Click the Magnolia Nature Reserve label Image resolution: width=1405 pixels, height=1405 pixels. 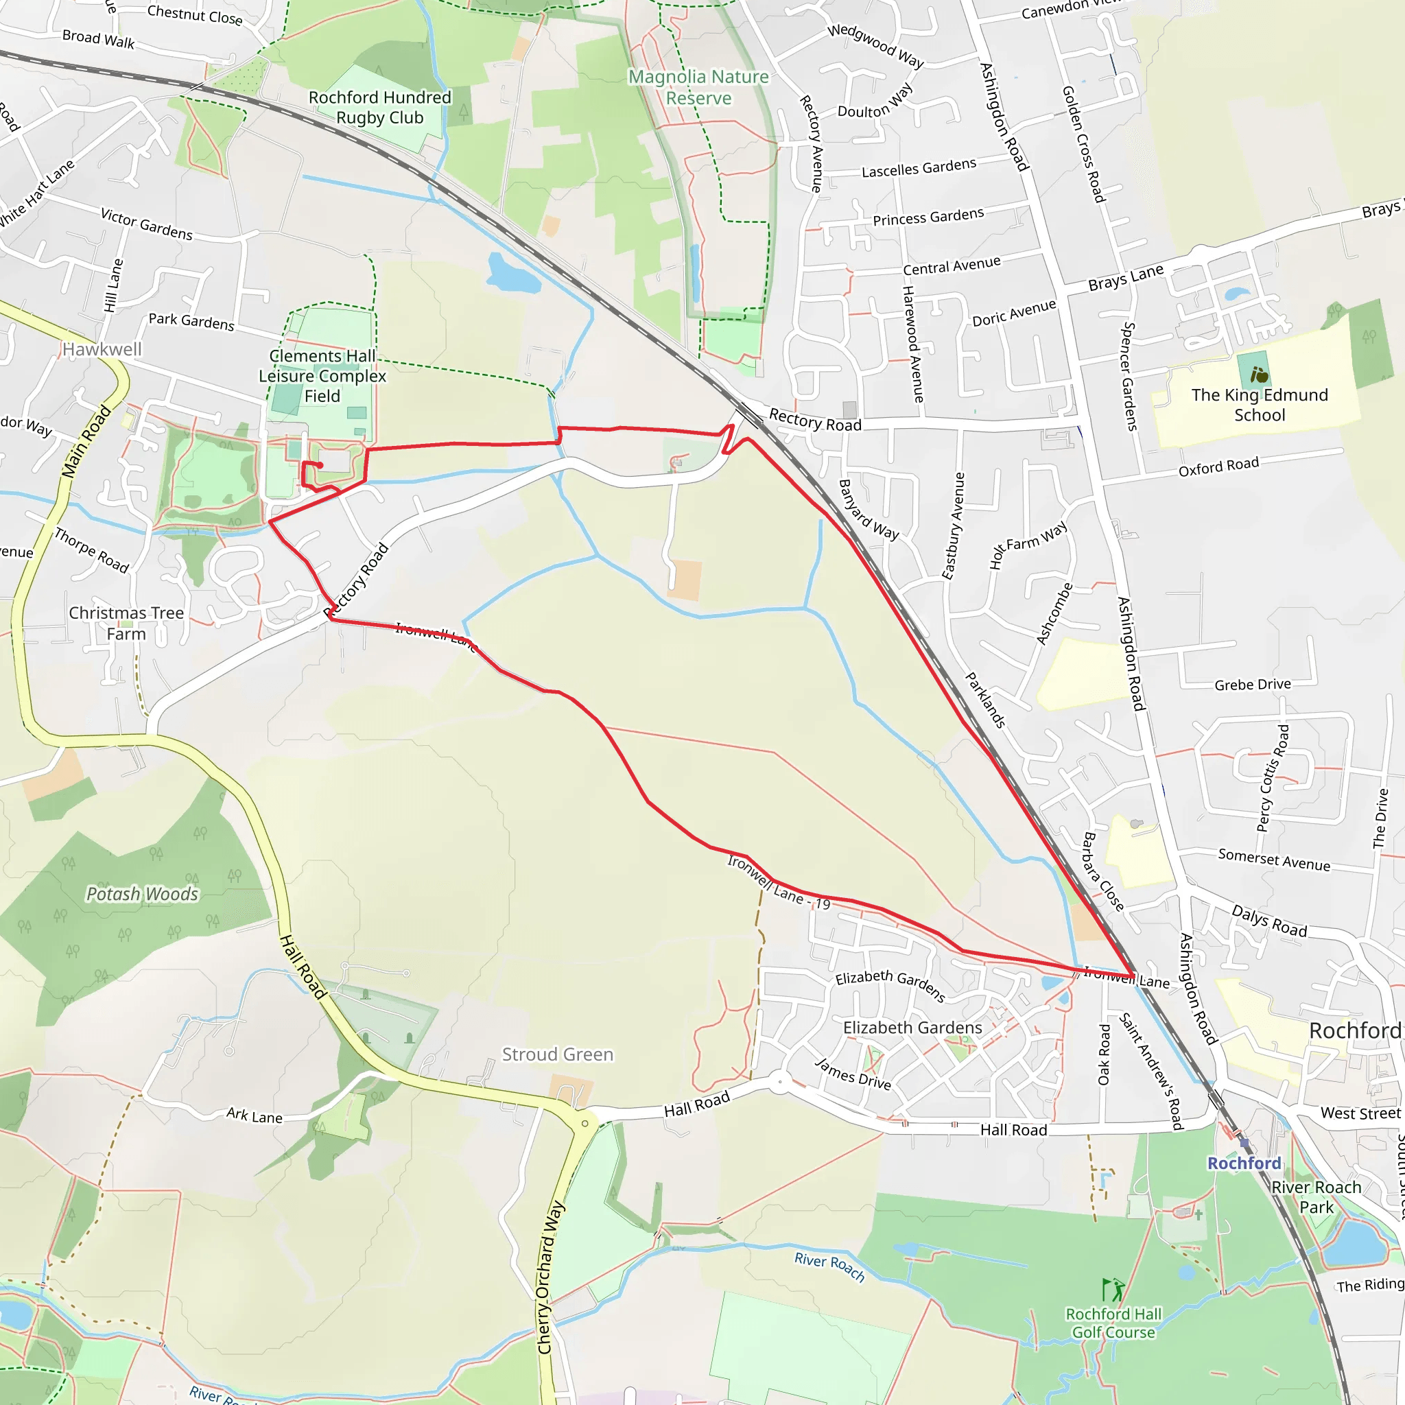pyautogui.click(x=698, y=87)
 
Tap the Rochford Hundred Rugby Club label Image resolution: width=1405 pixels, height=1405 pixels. pyautogui.click(x=379, y=108)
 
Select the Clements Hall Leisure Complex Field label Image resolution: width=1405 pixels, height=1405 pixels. pyautogui.click(x=322, y=376)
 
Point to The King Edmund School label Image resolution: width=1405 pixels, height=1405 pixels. pyautogui.click(x=1260, y=405)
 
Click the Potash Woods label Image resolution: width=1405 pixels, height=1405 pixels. pyautogui.click(x=143, y=894)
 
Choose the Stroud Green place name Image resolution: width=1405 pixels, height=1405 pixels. pyautogui.click(x=558, y=1054)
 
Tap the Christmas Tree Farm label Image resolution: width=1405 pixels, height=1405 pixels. pyautogui.click(x=126, y=623)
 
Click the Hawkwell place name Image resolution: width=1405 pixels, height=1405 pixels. pyautogui.click(x=102, y=349)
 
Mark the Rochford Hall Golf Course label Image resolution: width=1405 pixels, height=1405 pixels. pyautogui.click(x=1113, y=1323)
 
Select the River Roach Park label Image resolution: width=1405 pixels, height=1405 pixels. pyautogui.click(x=1317, y=1197)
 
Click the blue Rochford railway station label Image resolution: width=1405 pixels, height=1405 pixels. pyautogui.click(x=1244, y=1163)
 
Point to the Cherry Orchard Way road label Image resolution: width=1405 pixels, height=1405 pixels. pyautogui.click(x=550, y=1287)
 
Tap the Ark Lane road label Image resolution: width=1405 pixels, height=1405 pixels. pyautogui.click(x=254, y=1115)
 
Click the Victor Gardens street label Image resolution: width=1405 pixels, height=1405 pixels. pyautogui.click(x=146, y=224)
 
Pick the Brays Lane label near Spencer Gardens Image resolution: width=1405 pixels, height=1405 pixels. pyautogui.click(x=1126, y=278)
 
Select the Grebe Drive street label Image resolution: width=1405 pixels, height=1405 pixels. pyautogui.click(x=1252, y=684)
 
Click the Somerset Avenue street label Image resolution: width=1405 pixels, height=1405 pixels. pyautogui.click(x=1274, y=860)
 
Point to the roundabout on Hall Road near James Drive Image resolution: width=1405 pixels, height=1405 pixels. pyautogui.click(x=779, y=1081)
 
